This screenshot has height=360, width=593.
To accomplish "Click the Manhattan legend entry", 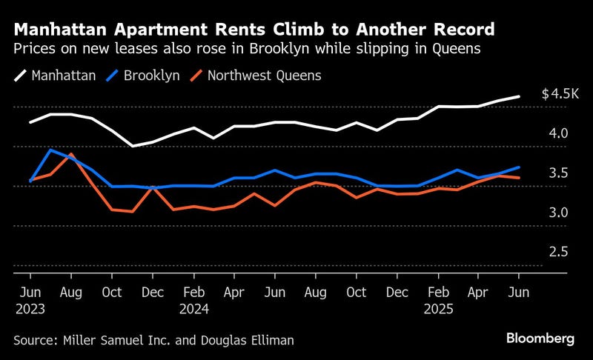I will [61, 76].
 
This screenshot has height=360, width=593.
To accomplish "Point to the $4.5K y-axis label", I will [557, 94].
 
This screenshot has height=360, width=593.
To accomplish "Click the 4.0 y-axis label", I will [558, 133].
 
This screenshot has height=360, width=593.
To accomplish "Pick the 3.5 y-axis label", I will [558, 173].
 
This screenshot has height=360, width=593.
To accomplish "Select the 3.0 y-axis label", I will [558, 213].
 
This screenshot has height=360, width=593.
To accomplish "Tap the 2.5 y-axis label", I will [558, 252].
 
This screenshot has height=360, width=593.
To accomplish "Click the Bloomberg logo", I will [540, 339].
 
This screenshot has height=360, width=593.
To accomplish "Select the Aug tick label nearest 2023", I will [71, 293].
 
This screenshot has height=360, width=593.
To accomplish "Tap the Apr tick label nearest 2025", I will [479, 293].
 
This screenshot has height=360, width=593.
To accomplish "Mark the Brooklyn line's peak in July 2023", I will [50, 150].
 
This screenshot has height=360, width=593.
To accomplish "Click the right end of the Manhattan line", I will [519, 96].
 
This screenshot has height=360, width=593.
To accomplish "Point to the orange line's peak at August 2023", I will [71, 155].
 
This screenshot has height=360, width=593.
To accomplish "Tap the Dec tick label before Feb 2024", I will [153, 293].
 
